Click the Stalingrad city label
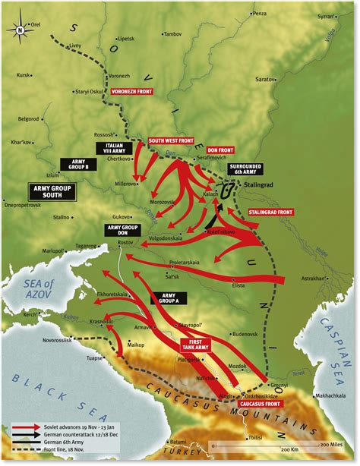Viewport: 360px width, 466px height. [x=261, y=184]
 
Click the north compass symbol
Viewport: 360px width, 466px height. [x=21, y=31]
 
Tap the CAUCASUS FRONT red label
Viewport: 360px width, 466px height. [x=258, y=405]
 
